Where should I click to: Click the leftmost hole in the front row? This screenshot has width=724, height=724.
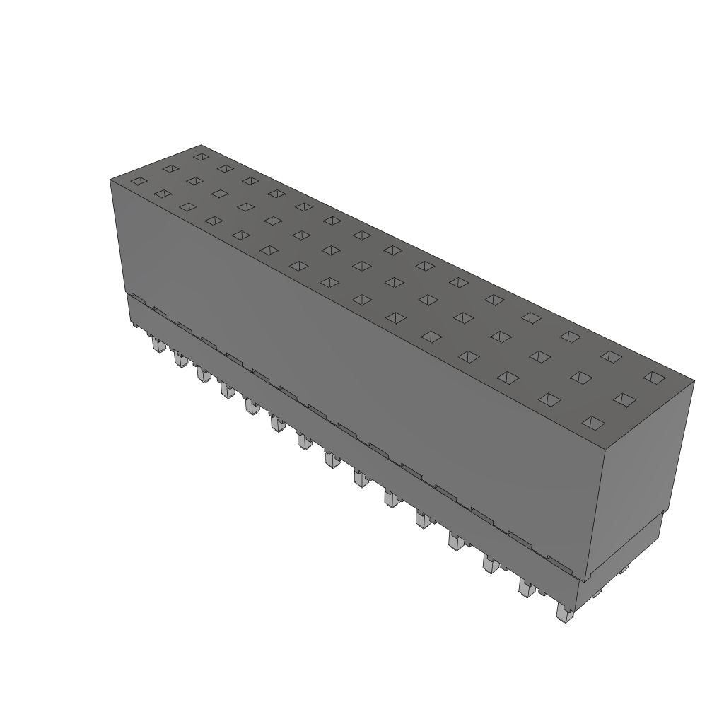pyautogui.click(x=138, y=181)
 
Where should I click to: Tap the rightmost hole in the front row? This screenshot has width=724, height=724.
pyautogui.click(x=592, y=423)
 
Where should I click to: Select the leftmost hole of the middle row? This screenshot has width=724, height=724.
pyautogui.click(x=170, y=168)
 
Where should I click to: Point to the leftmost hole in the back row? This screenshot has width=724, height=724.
pyautogui.click(x=201, y=156)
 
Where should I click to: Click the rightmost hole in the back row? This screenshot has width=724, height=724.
pyautogui.click(x=655, y=378)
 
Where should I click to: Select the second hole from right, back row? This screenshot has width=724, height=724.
pyautogui.click(x=612, y=356)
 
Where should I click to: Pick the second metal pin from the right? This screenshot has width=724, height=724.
pyautogui.click(x=526, y=588)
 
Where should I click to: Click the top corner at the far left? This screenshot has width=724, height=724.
pyautogui.click(x=110, y=180)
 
